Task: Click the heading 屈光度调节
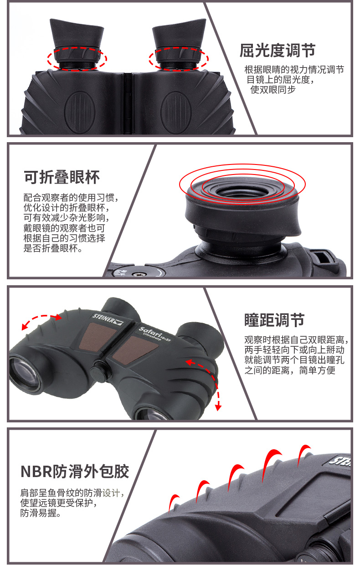click(x=278, y=51)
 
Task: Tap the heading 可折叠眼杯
click(x=62, y=177)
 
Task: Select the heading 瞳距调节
click(x=274, y=320)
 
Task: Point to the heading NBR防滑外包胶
click(x=75, y=471)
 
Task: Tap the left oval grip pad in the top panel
click(x=80, y=112)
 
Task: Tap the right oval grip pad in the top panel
click(x=176, y=112)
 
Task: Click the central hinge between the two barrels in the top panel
click(x=128, y=103)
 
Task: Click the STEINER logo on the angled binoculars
click(x=108, y=319)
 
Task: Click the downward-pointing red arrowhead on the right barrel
click(x=218, y=407)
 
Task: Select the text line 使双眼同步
click(x=273, y=90)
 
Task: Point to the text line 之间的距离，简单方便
click(x=290, y=370)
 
